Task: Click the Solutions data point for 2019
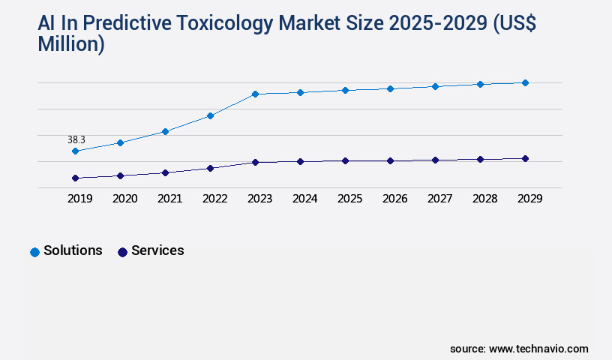tap(75, 151)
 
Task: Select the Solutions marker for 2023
tap(255, 94)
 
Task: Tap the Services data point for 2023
tap(255, 162)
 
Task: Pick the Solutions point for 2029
tap(525, 82)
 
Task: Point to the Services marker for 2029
tap(525, 158)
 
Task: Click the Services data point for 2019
tap(75, 178)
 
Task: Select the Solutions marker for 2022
tap(210, 115)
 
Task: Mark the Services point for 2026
tap(390, 160)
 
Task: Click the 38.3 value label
tap(76, 139)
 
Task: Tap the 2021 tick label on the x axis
tap(169, 199)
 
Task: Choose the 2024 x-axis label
tap(304, 199)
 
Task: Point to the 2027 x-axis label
tap(439, 199)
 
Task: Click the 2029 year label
tap(529, 199)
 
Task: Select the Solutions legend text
tap(73, 250)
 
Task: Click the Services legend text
tap(157, 250)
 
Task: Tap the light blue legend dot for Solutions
tap(34, 252)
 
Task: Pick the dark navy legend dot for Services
tap(122, 252)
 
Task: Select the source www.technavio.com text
tap(519, 349)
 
